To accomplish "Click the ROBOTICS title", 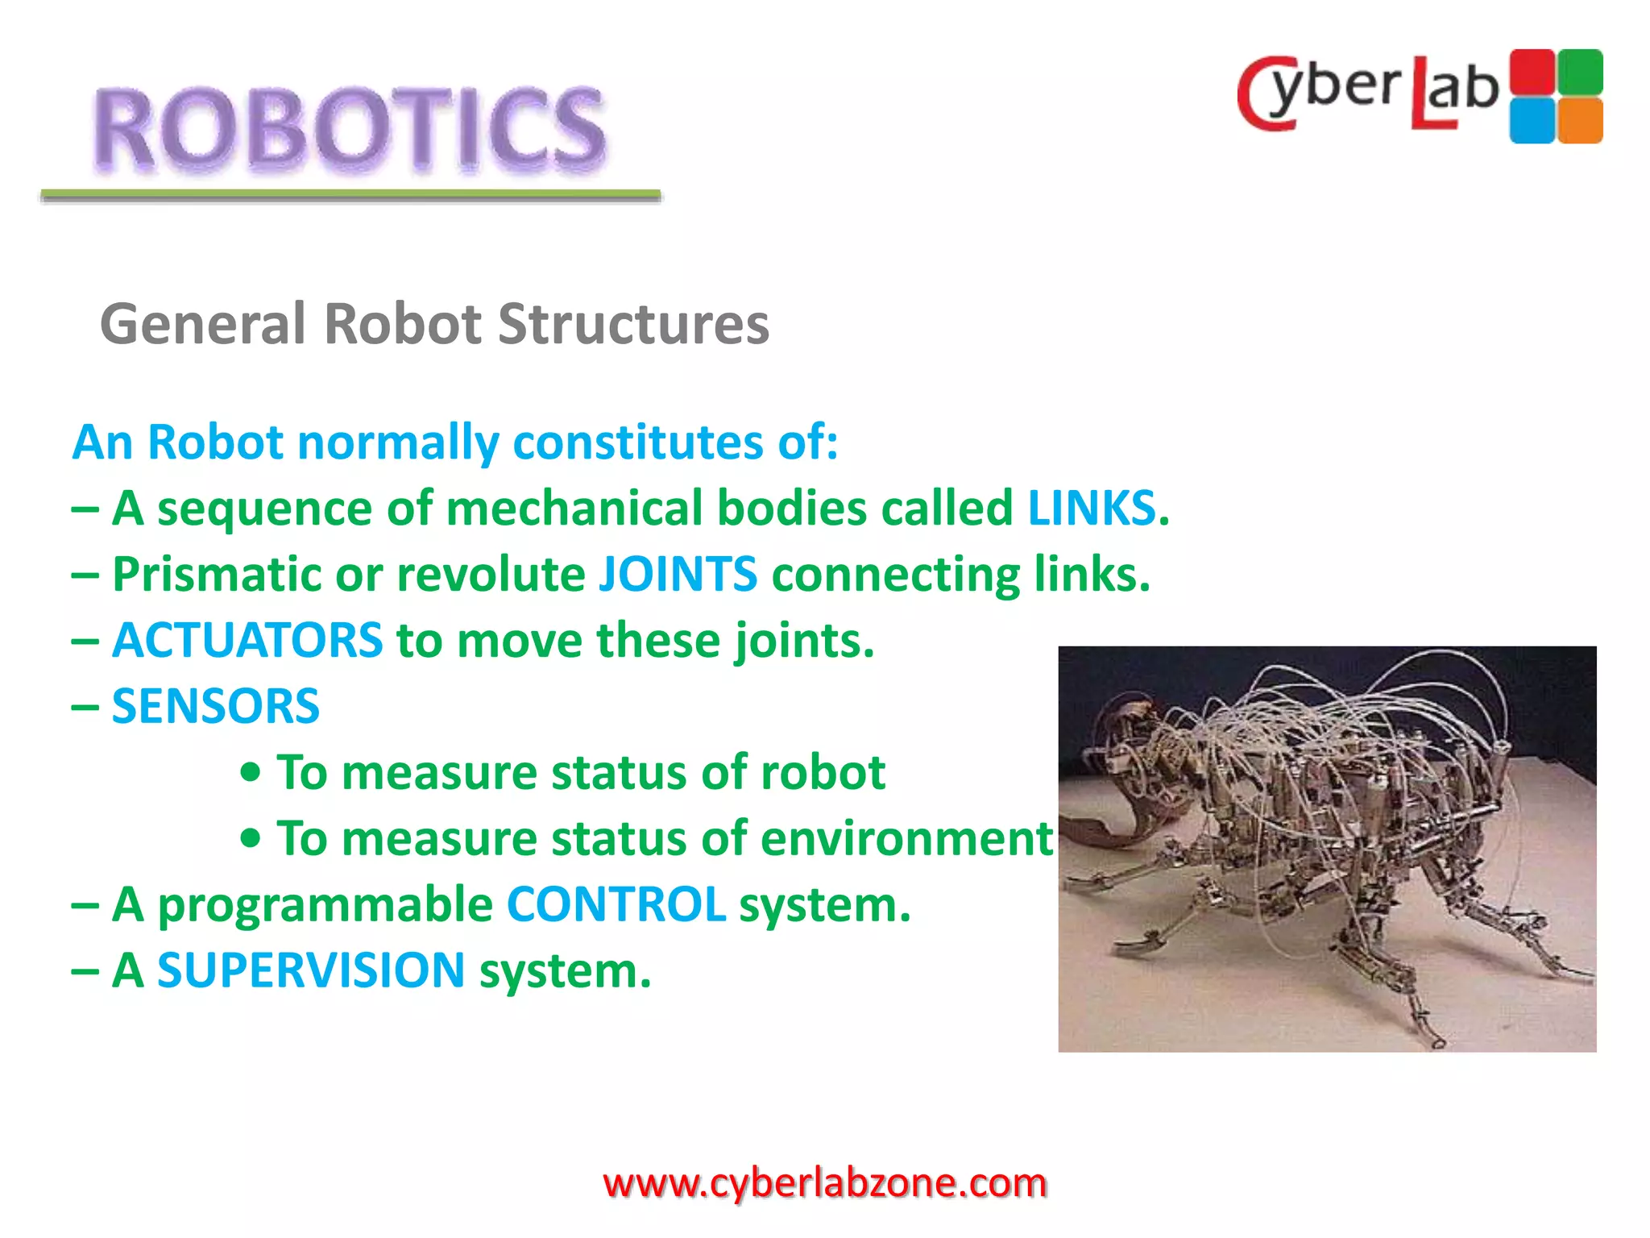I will [x=349, y=129].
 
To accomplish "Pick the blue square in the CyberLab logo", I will [x=1532, y=121].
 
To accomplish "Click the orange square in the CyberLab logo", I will [x=1580, y=121].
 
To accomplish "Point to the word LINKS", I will [x=1092, y=509].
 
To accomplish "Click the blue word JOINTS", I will [x=678, y=575].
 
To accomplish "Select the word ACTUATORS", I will [x=247, y=641].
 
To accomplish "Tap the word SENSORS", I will [x=215, y=707].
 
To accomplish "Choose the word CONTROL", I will [x=616, y=905].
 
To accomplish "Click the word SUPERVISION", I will [x=311, y=970].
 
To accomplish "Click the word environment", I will [x=906, y=839].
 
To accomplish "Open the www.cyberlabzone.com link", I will [x=824, y=1183].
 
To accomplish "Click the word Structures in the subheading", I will [x=633, y=324].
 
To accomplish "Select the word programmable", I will [x=325, y=905].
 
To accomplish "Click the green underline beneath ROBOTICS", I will [x=350, y=195].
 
